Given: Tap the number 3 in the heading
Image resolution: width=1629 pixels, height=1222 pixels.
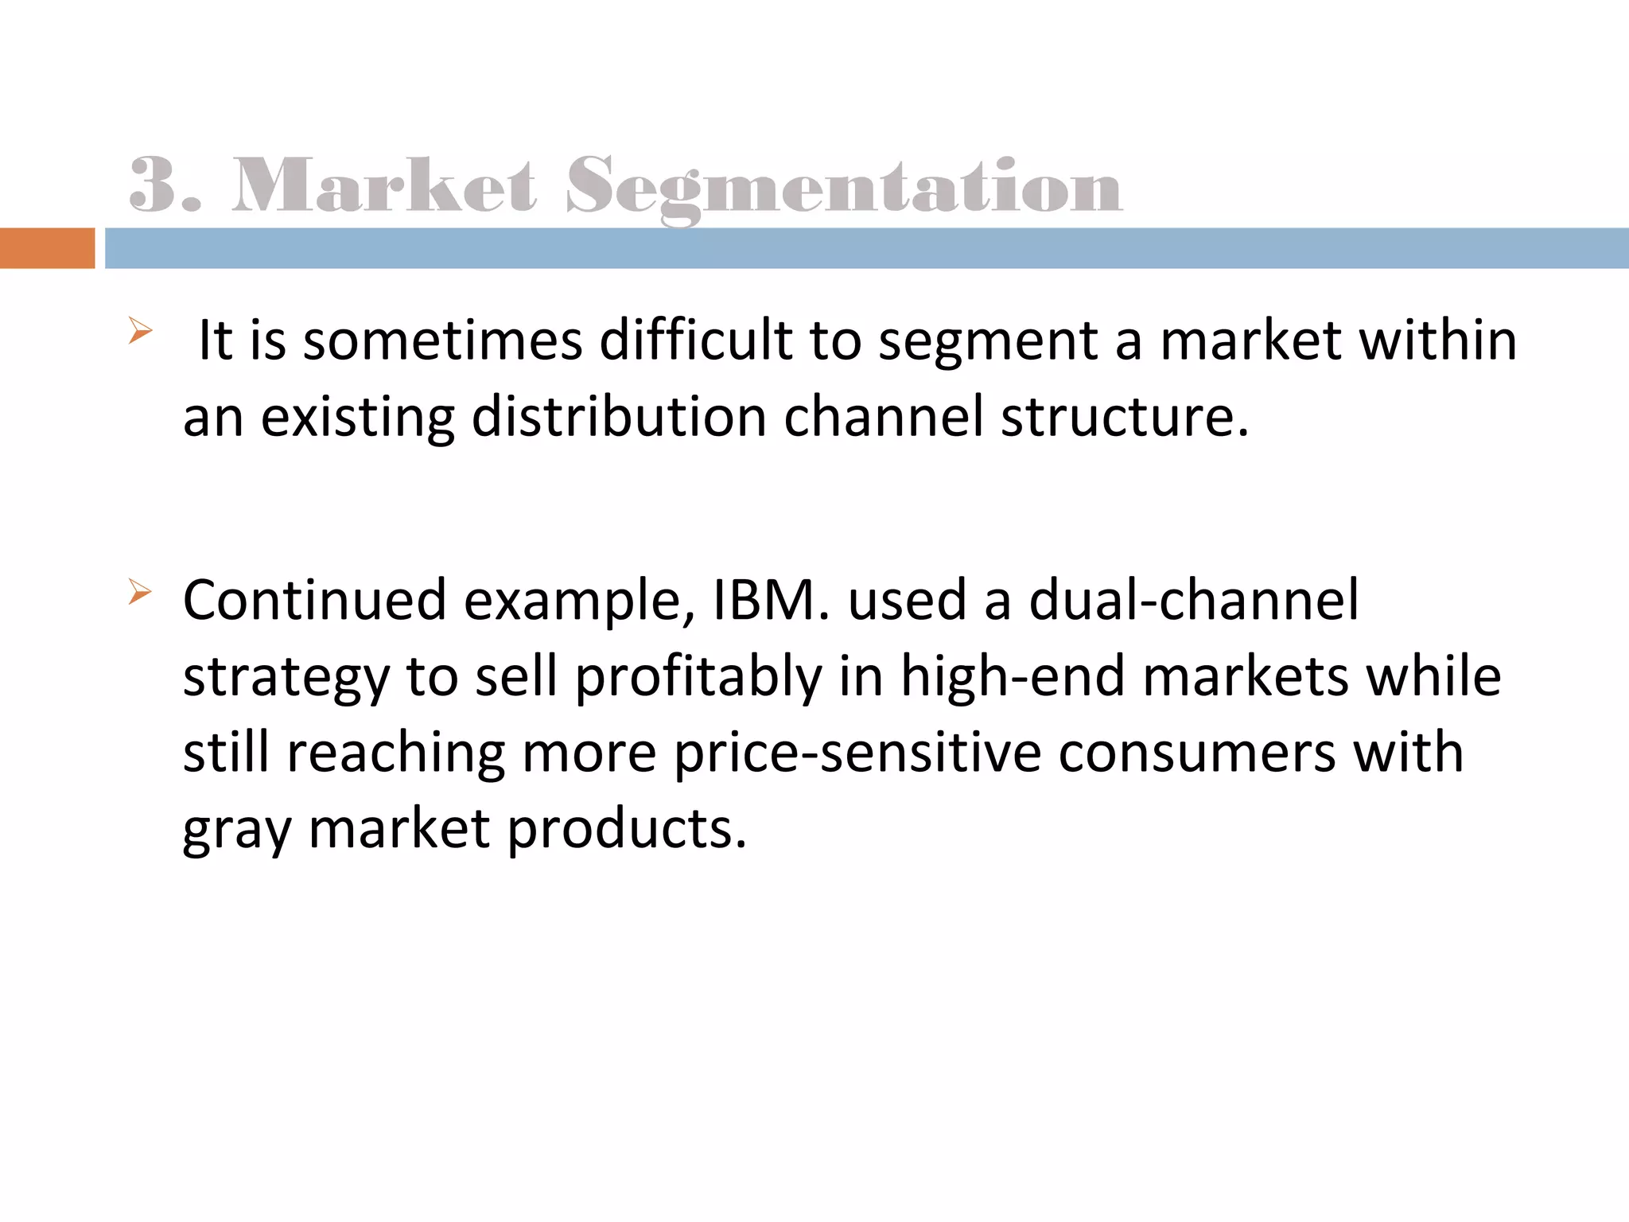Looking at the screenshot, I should (x=153, y=186).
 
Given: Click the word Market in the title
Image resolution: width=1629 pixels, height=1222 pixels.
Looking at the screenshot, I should (x=383, y=186).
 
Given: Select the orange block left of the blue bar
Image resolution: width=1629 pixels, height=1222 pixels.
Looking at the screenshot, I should (x=47, y=248).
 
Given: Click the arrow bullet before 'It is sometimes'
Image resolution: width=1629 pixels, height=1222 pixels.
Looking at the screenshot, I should (x=139, y=330).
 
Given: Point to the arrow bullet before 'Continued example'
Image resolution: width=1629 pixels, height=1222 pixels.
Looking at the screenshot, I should (x=139, y=592).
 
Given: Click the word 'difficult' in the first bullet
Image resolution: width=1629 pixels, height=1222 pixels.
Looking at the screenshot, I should (x=695, y=341).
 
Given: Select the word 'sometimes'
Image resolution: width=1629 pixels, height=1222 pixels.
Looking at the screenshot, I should (x=443, y=341).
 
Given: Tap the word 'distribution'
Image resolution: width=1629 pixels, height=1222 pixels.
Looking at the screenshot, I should (x=618, y=417).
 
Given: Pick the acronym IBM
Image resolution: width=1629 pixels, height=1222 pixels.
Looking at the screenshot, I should (x=764, y=600).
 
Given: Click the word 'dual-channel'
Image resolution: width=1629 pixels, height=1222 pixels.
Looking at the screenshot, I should (x=1193, y=600).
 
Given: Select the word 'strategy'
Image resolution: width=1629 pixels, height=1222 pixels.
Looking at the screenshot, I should (x=286, y=678).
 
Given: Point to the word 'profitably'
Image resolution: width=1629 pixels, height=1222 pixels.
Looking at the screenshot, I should (x=698, y=678).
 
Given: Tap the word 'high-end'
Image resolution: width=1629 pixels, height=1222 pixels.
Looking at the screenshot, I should (x=1013, y=676).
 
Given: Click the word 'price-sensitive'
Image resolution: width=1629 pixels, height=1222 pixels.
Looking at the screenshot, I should (x=857, y=753).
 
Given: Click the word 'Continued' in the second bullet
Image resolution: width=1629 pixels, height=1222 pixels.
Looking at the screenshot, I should (x=314, y=600).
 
